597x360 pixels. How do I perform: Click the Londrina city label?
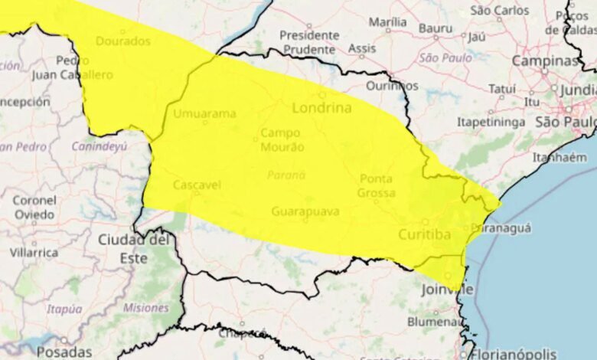(321, 108)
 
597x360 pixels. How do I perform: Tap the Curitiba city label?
(424, 234)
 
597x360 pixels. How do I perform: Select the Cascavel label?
(197, 185)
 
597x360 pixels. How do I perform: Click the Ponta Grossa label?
(375, 185)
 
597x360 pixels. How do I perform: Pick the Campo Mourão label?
(282, 139)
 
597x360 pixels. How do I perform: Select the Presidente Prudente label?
(308, 41)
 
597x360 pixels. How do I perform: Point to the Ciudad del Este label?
(133, 248)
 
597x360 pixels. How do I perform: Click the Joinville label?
(447, 290)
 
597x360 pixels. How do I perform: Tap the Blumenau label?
(433, 322)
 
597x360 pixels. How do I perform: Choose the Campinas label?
(545, 61)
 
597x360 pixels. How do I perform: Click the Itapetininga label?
(491, 122)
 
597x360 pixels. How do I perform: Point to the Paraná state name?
(285, 175)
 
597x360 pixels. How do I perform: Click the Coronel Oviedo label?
(34, 207)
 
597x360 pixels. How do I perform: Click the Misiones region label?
(145, 308)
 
